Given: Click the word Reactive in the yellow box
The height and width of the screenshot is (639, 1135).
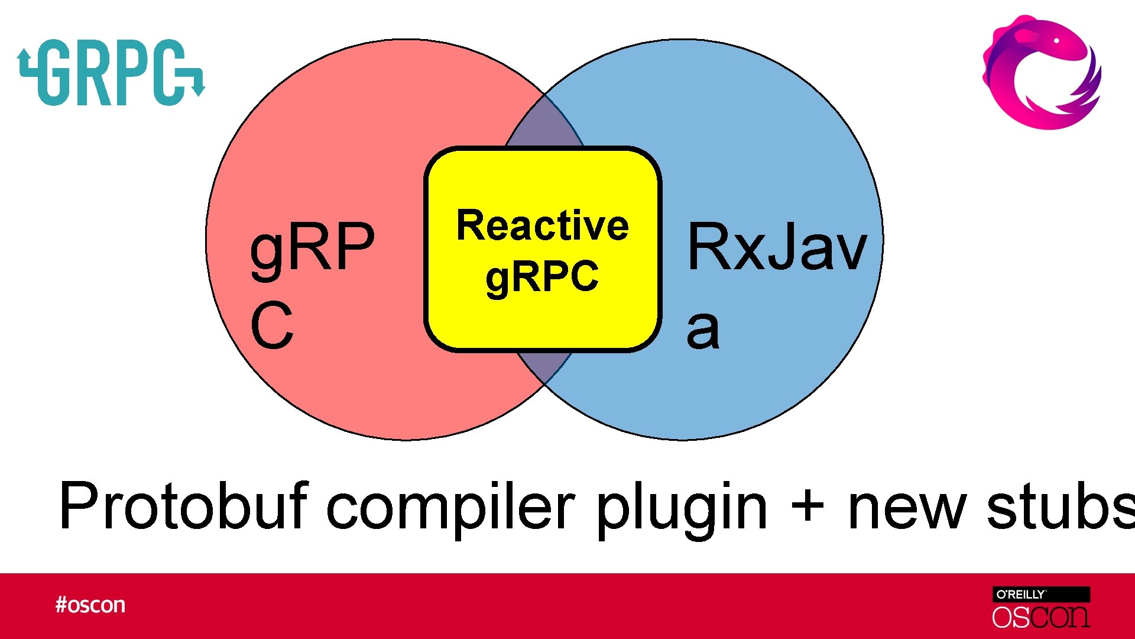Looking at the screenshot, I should (x=542, y=226).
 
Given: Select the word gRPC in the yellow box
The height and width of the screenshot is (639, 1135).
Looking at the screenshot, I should (x=542, y=277).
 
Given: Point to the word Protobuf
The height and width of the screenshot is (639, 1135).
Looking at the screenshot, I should (x=184, y=506).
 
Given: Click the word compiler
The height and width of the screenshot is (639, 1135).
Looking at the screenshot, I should (x=450, y=506).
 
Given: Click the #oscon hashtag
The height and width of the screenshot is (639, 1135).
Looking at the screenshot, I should (x=90, y=605).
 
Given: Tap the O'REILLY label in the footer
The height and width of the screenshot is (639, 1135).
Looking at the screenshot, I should (x=1021, y=595).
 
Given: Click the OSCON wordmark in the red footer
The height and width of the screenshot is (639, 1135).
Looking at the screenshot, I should (x=1040, y=617).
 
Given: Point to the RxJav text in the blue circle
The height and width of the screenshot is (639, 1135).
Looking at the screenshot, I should (x=777, y=247).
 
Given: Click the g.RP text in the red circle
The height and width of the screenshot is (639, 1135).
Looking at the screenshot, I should (x=312, y=247).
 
